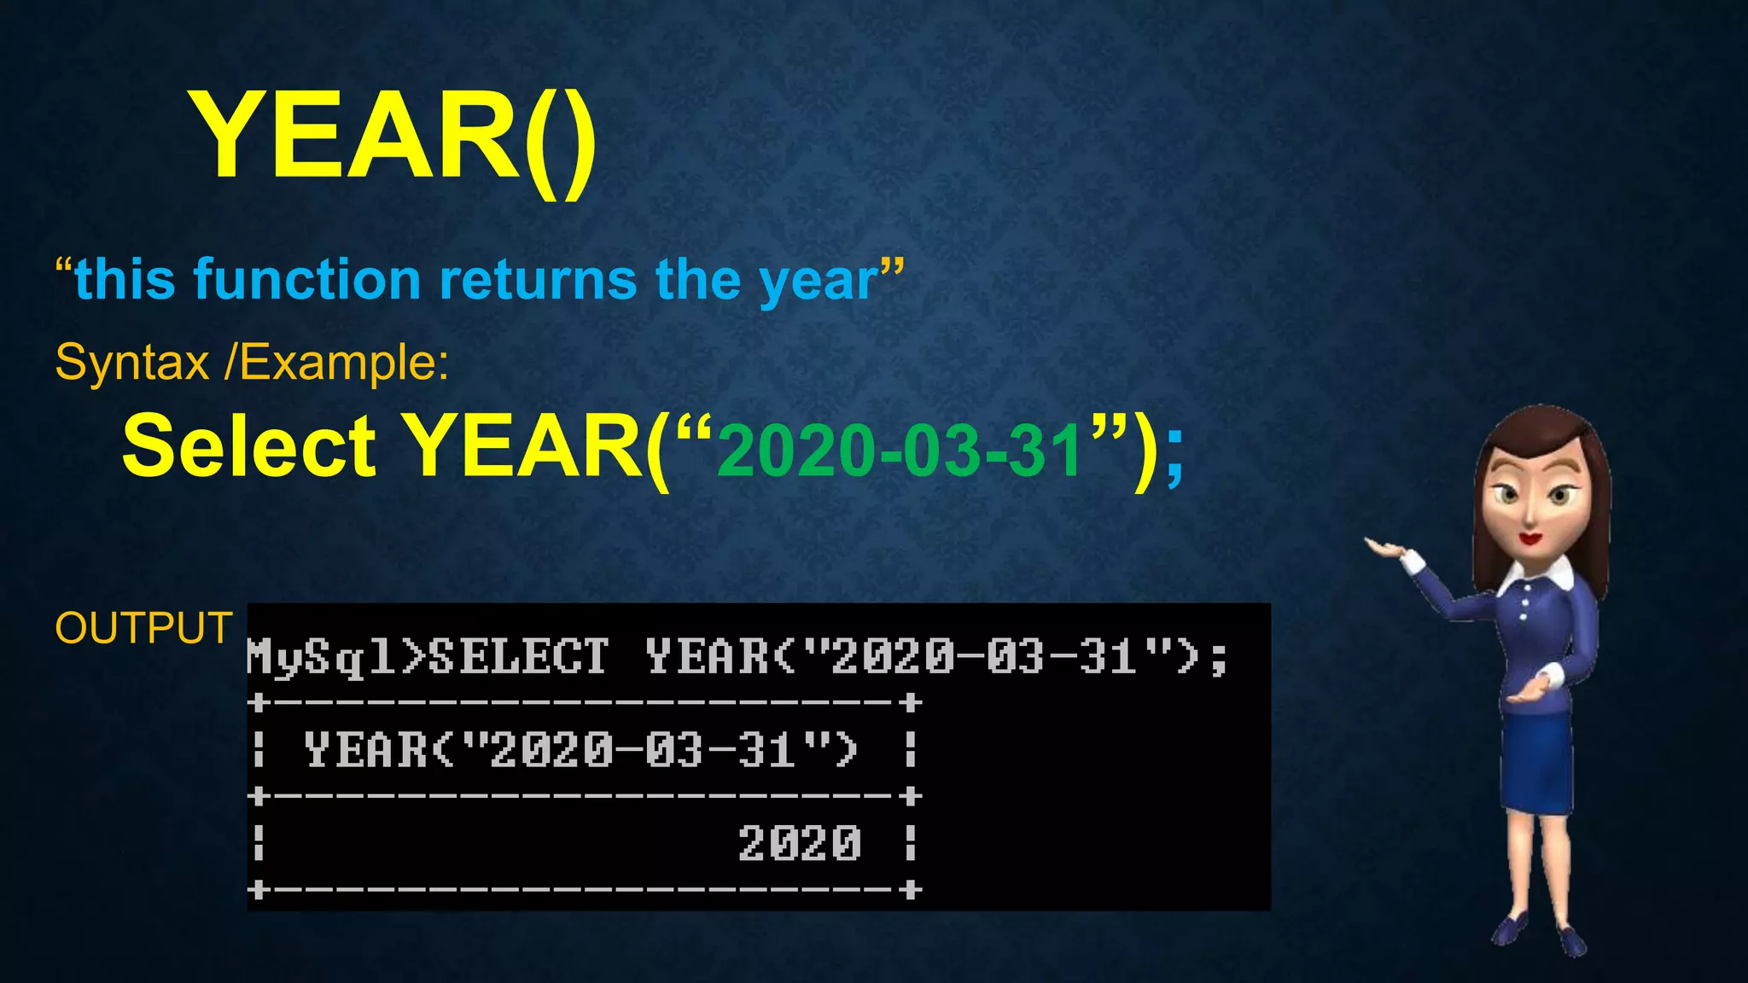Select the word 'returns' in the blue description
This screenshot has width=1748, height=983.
(538, 280)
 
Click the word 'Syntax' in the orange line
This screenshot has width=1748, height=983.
(132, 363)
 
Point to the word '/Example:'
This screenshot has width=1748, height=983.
(336, 363)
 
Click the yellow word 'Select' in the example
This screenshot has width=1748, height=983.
(248, 446)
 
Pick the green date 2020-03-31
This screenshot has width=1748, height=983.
(900, 451)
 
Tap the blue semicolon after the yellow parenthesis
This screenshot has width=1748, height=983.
(1174, 457)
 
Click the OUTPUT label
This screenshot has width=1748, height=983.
(143, 628)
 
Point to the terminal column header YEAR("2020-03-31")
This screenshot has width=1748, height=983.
(580, 750)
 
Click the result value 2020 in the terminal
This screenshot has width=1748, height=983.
(799, 843)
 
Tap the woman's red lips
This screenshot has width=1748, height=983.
(1530, 538)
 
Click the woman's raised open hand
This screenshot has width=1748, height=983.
(1387, 548)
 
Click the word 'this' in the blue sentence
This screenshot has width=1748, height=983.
(125, 280)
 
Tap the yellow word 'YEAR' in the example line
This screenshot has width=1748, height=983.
(522, 446)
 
